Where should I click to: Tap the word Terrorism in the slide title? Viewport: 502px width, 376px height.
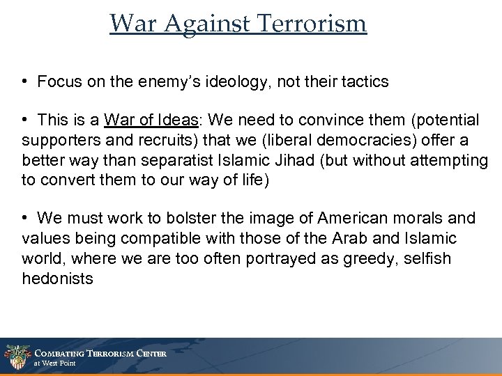[313, 24]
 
